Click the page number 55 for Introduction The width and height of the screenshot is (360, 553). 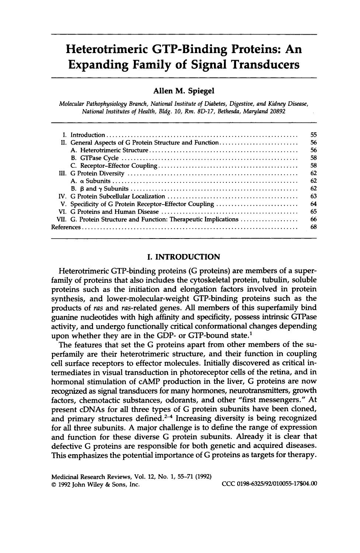point(314,135)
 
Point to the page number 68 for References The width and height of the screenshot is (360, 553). point(314,227)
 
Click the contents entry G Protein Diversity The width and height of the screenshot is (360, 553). point(97,173)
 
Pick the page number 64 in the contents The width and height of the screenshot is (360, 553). point(314,204)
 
